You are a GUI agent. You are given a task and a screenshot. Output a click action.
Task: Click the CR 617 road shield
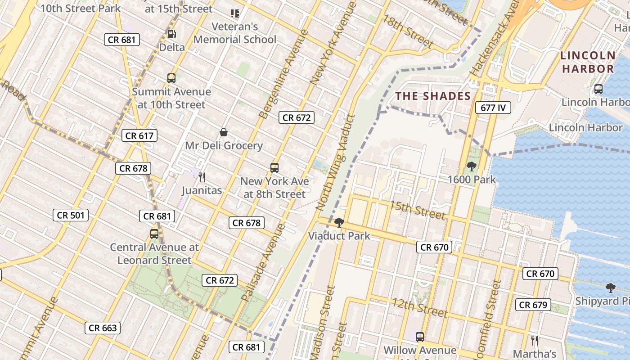139,135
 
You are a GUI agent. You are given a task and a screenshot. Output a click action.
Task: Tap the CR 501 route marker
71,215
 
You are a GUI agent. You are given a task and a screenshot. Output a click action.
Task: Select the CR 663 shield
103,328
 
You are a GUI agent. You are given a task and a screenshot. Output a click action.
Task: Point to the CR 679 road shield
533,305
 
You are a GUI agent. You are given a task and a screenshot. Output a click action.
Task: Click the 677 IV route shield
493,108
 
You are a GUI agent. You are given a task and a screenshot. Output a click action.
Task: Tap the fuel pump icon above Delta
171,34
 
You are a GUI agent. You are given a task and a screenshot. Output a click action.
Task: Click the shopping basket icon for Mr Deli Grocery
224,132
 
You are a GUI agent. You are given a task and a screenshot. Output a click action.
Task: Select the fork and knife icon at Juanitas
202,177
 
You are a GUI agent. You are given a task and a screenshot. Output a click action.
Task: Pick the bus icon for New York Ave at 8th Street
274,168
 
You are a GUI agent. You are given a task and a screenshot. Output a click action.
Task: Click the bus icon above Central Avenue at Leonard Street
154,234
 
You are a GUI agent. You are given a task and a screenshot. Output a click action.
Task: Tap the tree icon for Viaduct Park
339,222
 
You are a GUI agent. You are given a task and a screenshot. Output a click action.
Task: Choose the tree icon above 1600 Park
472,166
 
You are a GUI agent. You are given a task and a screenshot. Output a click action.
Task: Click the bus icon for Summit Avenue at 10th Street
171,78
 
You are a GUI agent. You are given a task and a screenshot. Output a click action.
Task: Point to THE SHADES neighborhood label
433,96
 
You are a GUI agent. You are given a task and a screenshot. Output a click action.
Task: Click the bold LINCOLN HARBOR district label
588,62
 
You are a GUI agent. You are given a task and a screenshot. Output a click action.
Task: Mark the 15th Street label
417,210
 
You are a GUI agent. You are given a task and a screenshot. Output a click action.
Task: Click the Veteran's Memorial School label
235,33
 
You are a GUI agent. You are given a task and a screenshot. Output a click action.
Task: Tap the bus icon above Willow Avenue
420,337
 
